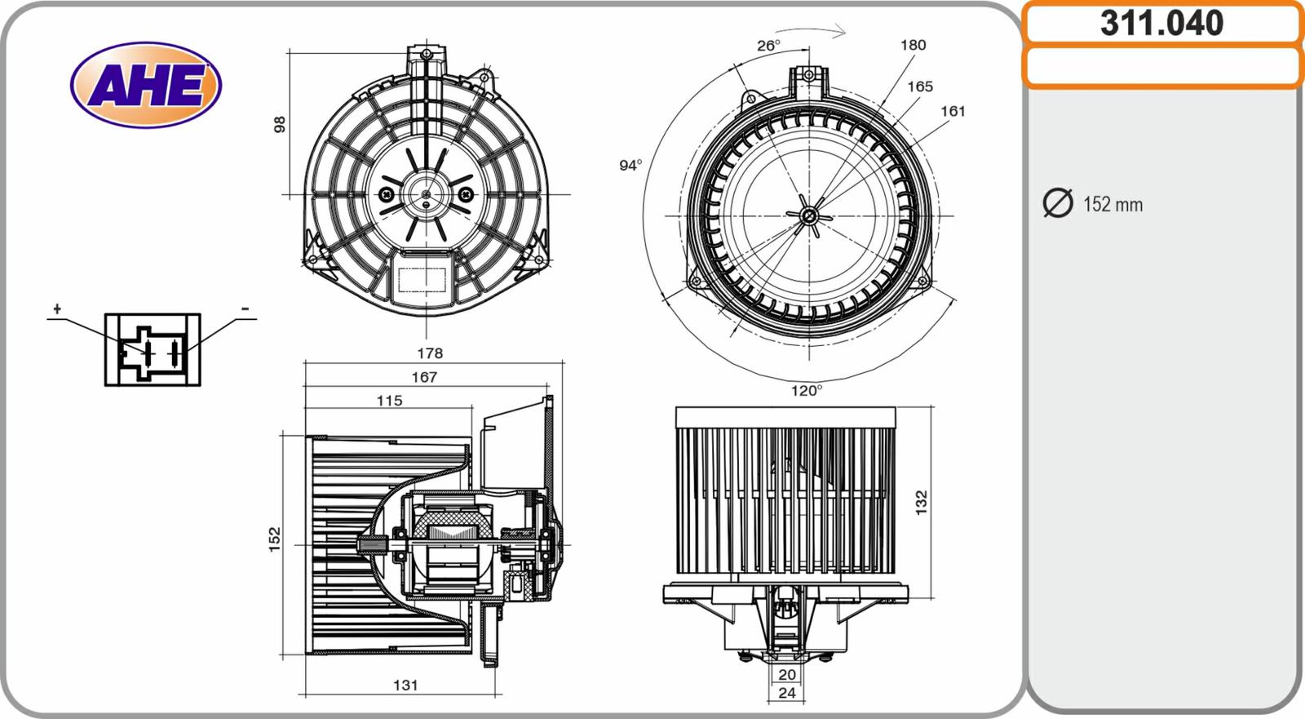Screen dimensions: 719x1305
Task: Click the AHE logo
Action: click(x=146, y=85)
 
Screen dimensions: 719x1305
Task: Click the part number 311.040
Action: click(x=1161, y=23)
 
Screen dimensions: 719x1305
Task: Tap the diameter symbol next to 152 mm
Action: click(x=1058, y=203)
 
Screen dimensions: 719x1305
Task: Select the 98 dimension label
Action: click(x=280, y=125)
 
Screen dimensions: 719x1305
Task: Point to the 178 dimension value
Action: click(x=430, y=353)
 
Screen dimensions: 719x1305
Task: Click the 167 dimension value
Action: click(x=424, y=377)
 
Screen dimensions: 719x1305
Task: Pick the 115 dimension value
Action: click(x=389, y=401)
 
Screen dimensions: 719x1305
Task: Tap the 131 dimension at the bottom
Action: click(x=405, y=686)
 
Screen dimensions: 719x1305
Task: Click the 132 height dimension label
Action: click(x=922, y=502)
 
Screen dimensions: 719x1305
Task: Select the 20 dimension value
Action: click(x=787, y=675)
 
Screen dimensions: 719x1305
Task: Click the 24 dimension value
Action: click(x=787, y=693)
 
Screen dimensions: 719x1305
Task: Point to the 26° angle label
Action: click(x=768, y=46)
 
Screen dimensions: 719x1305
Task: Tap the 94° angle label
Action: click(x=630, y=166)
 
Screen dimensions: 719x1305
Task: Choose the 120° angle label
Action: click(x=806, y=391)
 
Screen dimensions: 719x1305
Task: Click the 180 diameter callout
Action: click(x=913, y=45)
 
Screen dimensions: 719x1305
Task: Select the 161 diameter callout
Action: click(x=953, y=111)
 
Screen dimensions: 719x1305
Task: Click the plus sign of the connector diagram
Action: click(x=57, y=308)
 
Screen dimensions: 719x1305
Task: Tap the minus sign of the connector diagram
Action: click(x=245, y=309)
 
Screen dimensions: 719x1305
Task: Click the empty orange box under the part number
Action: click(x=1161, y=67)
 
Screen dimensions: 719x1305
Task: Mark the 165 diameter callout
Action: click(x=920, y=86)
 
